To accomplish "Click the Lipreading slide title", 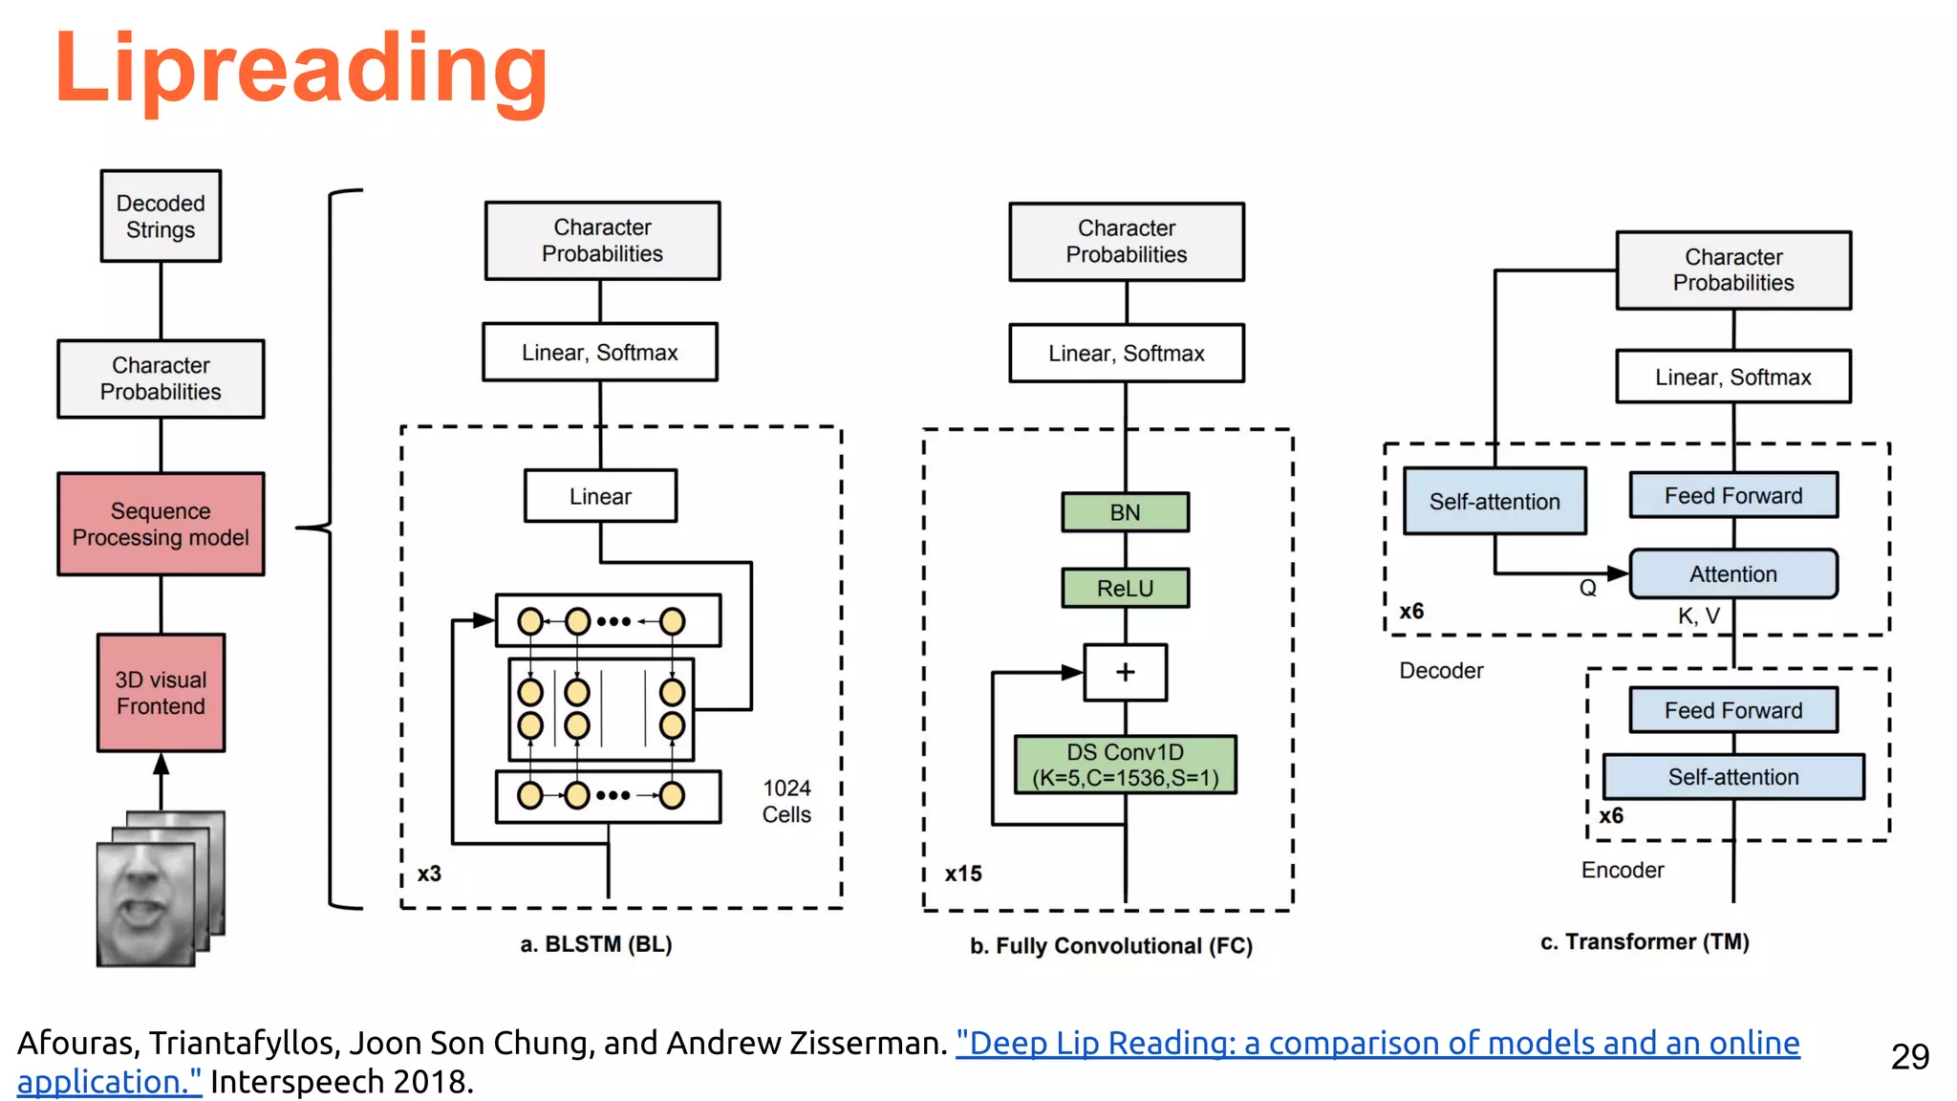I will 301,69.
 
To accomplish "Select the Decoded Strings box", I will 161,216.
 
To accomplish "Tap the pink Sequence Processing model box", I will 161,524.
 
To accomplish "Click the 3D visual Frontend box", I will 161,693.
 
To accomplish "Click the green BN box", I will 1125,512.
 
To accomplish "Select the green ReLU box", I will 1125,588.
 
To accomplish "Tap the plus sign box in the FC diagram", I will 1125,672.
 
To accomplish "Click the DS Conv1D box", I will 1125,765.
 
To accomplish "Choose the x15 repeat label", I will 962,874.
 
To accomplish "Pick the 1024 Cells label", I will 786,801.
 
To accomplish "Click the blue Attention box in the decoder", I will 1732,573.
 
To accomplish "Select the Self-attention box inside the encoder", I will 1732,777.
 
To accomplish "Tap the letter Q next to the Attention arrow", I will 1587,589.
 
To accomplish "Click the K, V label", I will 1698,616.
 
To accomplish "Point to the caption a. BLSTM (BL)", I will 596,944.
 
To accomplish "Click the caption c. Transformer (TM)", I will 1645,942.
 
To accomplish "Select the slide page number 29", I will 1909,1056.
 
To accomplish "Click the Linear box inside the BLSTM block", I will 600,496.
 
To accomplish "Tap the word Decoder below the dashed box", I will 1441,671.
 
